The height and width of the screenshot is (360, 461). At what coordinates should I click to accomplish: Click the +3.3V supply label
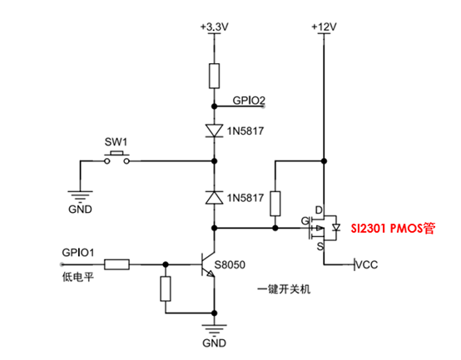215,27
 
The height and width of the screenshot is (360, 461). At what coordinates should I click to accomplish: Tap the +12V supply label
324,27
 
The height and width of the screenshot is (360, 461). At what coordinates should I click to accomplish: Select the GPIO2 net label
249,101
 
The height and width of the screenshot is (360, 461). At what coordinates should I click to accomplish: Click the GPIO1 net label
78,253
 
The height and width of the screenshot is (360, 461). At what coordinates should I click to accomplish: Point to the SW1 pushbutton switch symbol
116,157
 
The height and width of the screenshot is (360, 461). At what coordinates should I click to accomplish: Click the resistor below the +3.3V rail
215,76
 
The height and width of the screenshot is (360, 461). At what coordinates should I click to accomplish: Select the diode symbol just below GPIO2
215,131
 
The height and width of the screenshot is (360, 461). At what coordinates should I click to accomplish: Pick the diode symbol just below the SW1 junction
215,197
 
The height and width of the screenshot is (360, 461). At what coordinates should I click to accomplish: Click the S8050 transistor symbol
208,264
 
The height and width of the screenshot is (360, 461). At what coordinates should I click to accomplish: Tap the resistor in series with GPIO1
116,264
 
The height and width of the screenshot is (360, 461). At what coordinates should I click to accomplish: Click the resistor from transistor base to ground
166,288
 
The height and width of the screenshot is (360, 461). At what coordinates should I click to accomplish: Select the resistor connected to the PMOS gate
275,204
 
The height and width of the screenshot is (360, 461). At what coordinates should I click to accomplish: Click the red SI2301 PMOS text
393,228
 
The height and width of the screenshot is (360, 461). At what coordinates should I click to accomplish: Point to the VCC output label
367,265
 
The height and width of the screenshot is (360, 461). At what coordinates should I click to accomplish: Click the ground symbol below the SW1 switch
80,195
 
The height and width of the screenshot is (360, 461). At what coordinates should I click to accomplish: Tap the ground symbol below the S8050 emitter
215,329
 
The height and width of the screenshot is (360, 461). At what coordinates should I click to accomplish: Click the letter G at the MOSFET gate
305,221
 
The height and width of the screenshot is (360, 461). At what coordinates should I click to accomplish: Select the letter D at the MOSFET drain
319,210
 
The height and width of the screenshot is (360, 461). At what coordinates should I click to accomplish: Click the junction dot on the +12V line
324,161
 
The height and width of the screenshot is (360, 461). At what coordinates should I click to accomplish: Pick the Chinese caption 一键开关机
284,289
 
